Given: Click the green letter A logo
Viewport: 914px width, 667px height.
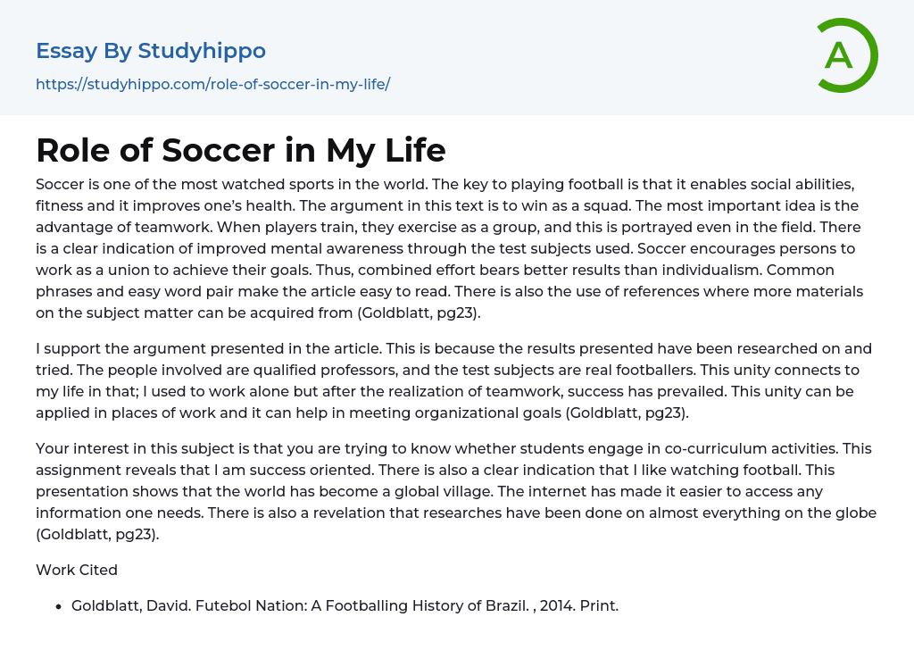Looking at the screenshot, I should coord(846,55).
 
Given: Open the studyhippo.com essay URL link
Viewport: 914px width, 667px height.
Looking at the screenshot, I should coord(212,84).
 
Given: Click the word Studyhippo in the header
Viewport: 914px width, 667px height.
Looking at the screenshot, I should coord(202,51).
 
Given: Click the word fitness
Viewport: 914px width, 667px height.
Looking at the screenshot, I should coord(61,205).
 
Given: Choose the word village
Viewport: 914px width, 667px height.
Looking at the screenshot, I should coord(599,491).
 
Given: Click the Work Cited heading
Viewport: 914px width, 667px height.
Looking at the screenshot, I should coord(77,570).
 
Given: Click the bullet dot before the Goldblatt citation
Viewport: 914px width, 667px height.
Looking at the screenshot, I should coord(59,606).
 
